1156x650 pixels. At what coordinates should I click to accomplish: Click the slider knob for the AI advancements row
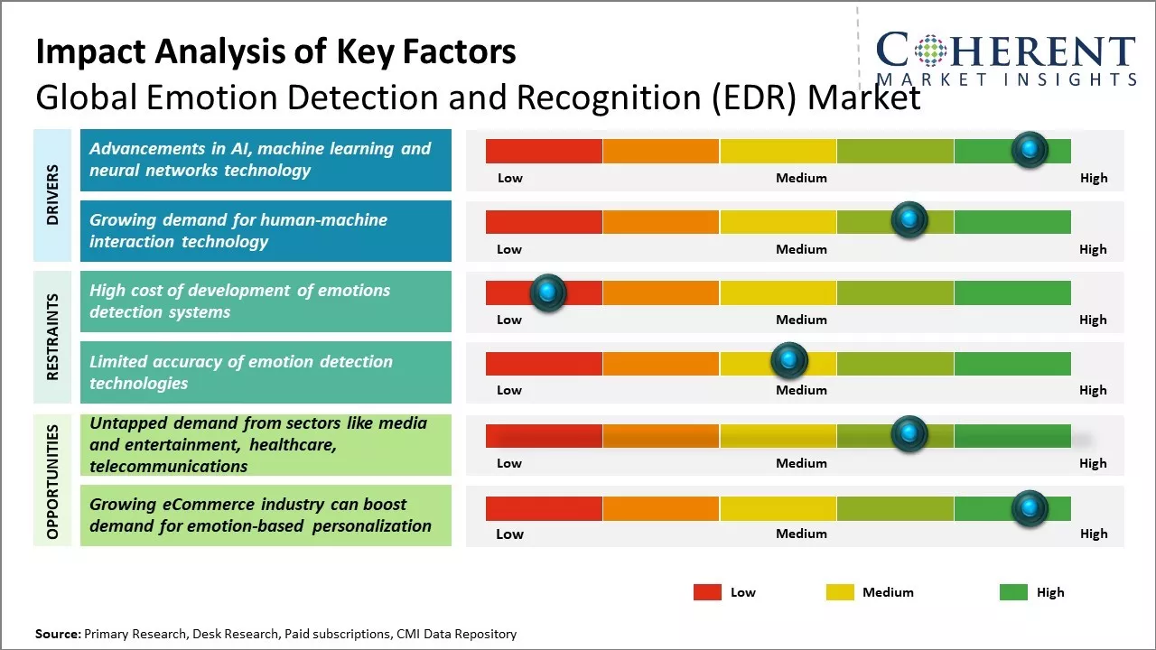click(x=1029, y=149)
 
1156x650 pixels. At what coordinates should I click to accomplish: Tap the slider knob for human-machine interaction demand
click(x=909, y=219)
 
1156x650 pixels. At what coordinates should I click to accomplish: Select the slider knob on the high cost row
click(x=546, y=292)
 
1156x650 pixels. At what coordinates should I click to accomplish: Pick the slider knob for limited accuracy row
click(x=788, y=361)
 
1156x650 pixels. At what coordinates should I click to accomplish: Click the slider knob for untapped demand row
click(x=909, y=434)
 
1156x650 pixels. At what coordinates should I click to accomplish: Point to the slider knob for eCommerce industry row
click(x=1029, y=508)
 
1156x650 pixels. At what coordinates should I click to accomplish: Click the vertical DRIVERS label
click(x=52, y=195)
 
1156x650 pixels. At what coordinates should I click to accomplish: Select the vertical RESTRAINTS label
click(x=52, y=337)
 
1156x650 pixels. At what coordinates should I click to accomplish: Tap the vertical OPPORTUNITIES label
click(x=52, y=481)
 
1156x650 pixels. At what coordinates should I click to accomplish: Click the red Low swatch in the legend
click(x=707, y=592)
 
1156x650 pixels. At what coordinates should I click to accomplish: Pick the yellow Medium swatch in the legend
click(x=840, y=592)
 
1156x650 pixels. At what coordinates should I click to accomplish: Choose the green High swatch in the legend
click(x=1013, y=592)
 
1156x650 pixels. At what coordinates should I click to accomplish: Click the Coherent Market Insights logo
click(x=1005, y=59)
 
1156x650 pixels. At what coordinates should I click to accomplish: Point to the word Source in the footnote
click(x=58, y=635)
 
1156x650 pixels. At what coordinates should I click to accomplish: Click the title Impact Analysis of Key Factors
click(x=275, y=51)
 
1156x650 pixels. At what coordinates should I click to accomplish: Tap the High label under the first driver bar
click(x=1094, y=178)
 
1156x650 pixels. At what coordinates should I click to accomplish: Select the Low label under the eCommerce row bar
click(x=509, y=534)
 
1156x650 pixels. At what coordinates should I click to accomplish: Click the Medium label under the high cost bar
click(x=801, y=320)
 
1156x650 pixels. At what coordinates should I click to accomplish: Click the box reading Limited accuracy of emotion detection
click(x=266, y=372)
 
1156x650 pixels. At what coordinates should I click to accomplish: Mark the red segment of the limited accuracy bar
click(x=544, y=363)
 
